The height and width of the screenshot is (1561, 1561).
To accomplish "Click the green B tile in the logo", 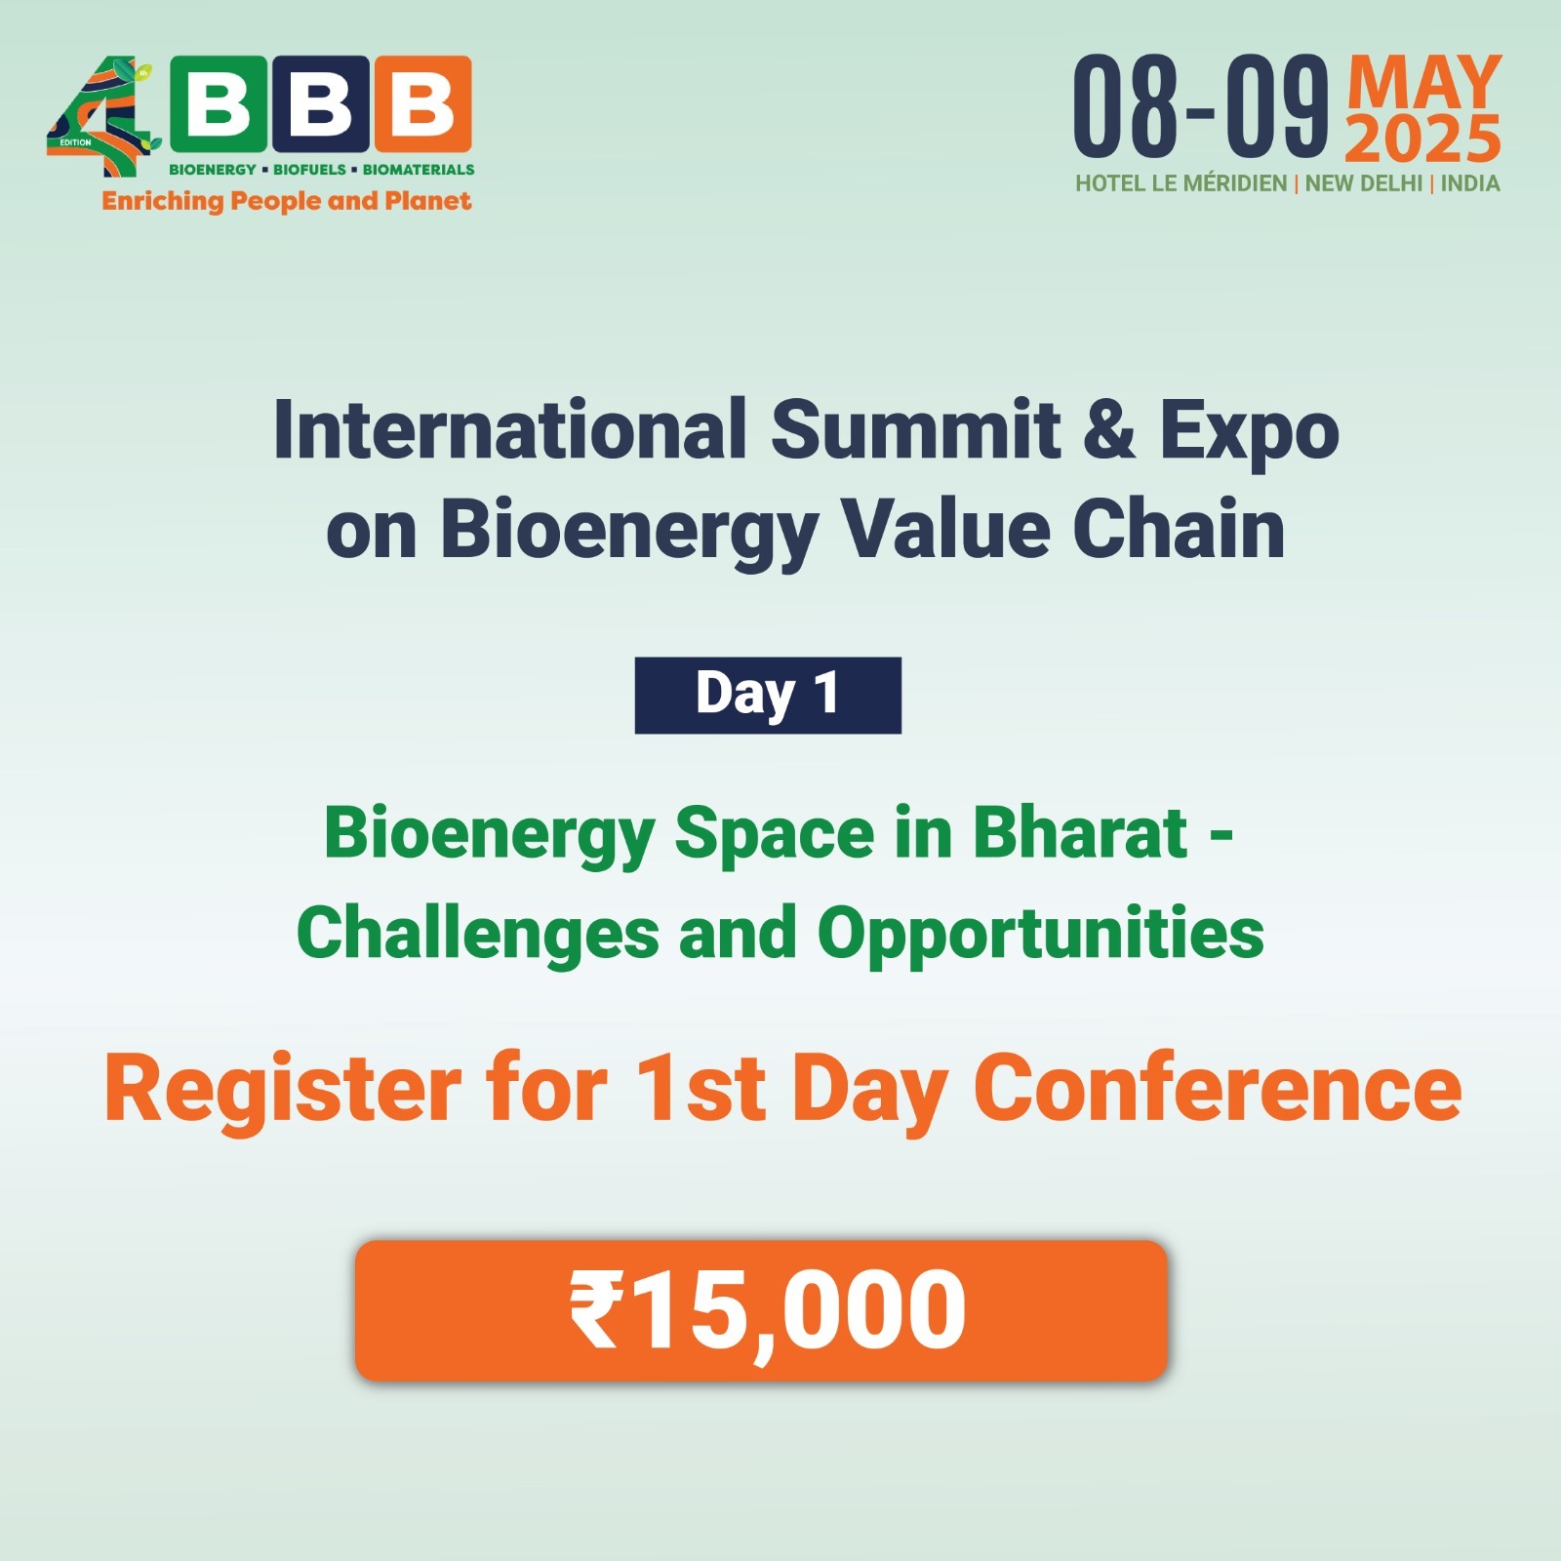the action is pos(219,104).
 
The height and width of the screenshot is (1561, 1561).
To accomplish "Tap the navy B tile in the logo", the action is pos(321,104).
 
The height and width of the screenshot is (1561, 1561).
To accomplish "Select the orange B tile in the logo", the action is pos(423,104).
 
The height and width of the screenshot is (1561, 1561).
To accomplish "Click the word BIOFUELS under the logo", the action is pos(309,170).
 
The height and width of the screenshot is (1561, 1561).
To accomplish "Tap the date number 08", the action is pos(1126,106).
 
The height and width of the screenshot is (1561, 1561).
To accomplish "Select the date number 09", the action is pos(1278,106).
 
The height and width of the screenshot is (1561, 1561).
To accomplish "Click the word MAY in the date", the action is pos(1424,82).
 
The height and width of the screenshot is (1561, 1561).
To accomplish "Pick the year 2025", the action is pos(1423,140).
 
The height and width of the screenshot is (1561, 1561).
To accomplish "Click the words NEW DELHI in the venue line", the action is pos(1363,183).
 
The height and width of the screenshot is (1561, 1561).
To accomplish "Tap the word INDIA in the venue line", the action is pos(1470,183).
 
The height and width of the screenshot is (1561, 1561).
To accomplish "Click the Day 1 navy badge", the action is pos(768,696).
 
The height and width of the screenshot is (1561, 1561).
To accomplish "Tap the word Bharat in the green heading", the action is pos(1080,834).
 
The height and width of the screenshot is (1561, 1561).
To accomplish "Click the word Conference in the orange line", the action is pos(1218,1089).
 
